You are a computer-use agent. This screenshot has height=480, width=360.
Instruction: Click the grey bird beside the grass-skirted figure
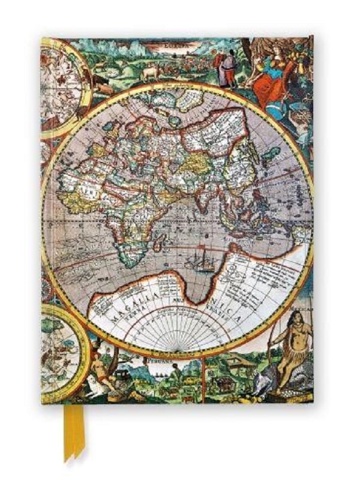click(264, 375)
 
